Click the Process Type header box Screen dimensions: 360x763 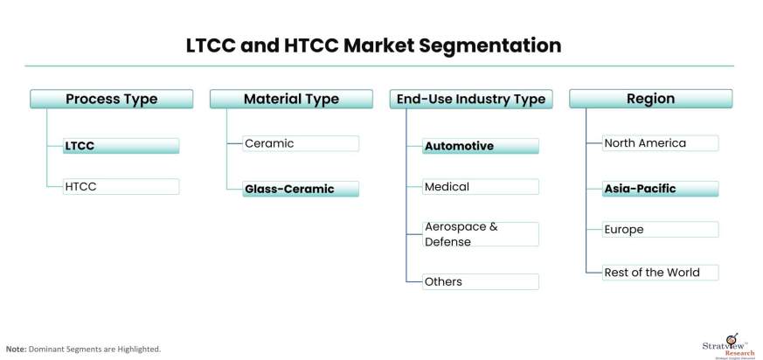[112, 99]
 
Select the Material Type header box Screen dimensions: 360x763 [291, 99]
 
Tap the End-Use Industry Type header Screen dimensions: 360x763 [471, 99]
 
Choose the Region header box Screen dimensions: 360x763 [650, 99]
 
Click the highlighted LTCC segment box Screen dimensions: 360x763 [121, 146]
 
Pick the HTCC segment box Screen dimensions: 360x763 [121, 186]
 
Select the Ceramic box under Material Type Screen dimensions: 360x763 [301, 143]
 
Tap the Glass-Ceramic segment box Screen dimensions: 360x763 [301, 189]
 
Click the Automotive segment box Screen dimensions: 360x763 [481, 146]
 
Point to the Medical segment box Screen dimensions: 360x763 [481, 186]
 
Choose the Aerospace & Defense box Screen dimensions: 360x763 [481, 233]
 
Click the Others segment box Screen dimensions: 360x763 [481, 281]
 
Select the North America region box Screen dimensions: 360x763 [660, 142]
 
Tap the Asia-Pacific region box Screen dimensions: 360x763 [660, 188]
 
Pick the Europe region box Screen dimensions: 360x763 [660, 229]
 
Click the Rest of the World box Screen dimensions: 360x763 [660, 272]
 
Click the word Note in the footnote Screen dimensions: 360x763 [16, 349]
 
